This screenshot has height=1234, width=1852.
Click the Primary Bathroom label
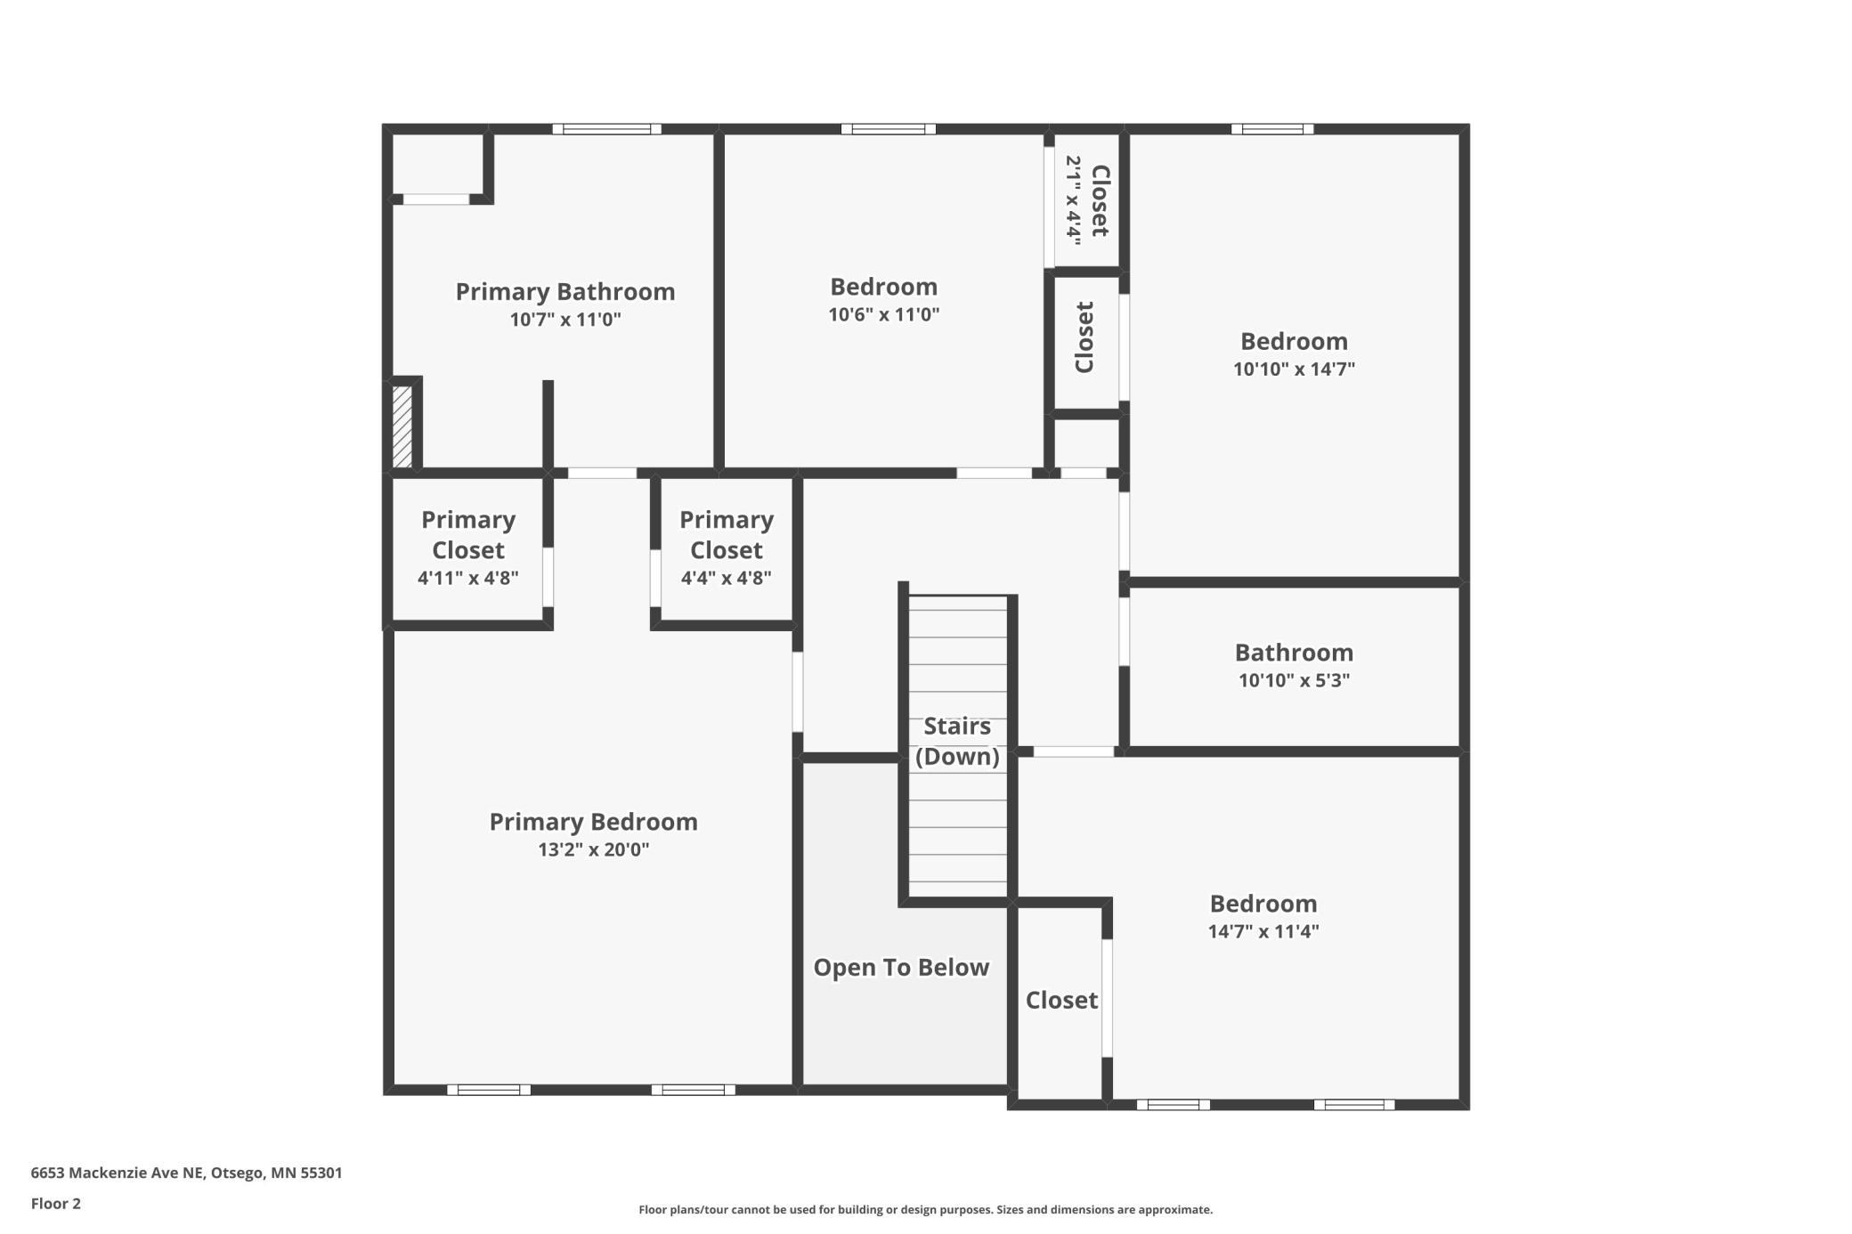565,292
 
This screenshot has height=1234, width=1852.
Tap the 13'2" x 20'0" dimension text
593,849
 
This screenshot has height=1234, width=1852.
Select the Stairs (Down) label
957,741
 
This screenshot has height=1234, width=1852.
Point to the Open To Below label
901,968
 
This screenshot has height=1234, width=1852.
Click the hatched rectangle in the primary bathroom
402,426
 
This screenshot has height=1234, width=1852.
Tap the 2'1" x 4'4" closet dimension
1074,200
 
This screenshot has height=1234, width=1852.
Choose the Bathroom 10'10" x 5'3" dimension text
1294,680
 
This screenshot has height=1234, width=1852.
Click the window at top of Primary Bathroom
606,129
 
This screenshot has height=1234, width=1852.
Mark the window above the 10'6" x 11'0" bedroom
889,129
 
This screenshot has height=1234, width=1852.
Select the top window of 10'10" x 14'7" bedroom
1272,129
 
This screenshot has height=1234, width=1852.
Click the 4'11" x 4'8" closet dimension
468,578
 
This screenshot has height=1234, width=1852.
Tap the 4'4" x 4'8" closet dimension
727,578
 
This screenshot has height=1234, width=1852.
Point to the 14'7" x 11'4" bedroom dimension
1263,931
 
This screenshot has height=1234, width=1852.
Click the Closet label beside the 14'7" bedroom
1061,1001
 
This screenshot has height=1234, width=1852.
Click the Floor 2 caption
56,1204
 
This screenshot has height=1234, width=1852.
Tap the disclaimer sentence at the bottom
925,1209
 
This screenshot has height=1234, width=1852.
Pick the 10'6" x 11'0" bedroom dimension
884,314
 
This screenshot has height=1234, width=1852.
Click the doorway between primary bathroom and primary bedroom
602,473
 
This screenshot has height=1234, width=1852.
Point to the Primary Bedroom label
593,822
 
